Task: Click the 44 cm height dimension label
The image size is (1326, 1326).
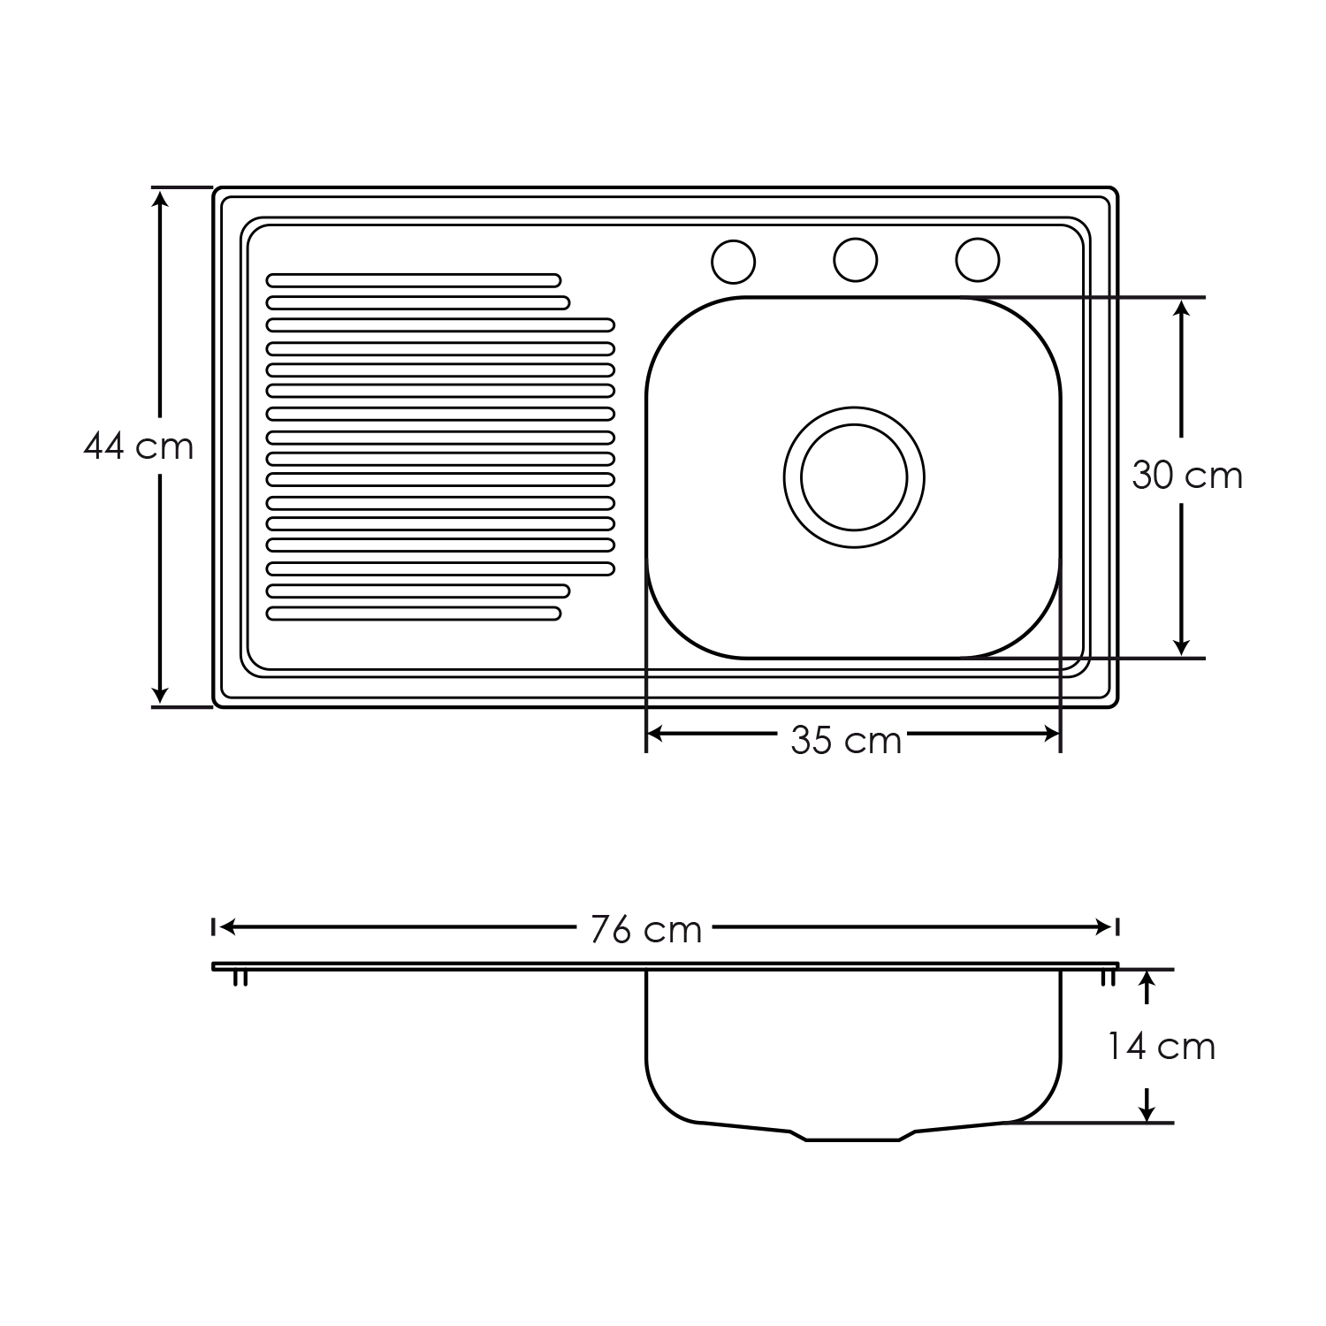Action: pos(139,446)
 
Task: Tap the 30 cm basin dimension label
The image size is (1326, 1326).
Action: pos(1187,476)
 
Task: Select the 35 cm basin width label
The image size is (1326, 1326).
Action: pos(846,740)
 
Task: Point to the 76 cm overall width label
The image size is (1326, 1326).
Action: pos(646,929)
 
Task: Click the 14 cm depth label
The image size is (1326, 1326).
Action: pos(1162,1047)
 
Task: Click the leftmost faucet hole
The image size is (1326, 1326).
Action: pos(734,262)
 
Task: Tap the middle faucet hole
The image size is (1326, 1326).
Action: pos(856,260)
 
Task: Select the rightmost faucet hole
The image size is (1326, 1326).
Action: pos(978,260)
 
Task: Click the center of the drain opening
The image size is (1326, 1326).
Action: pos(854,477)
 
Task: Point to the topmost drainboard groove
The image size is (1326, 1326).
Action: pos(414,280)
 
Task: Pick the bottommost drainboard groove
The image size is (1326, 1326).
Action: pos(414,613)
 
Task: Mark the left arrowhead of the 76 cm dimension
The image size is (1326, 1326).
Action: pos(226,926)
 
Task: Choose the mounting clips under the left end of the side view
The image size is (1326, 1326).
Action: pos(240,978)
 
